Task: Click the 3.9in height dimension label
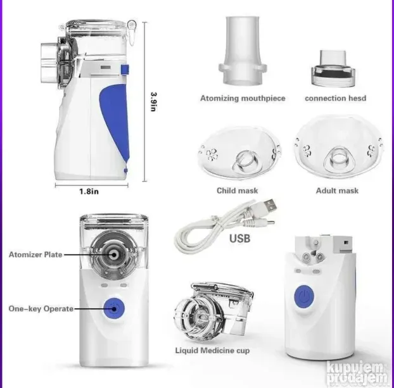153,101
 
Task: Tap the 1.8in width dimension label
89,192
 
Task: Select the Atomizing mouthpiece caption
243,98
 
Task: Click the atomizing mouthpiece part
243,50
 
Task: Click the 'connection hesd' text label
336,98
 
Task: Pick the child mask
239,153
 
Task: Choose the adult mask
339,148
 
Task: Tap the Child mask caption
237,191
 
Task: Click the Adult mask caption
337,191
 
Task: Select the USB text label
239,239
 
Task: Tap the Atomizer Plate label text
35,254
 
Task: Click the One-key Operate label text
41,309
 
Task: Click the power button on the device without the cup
304,296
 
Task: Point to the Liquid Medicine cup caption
212,351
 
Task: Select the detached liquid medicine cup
213,311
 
